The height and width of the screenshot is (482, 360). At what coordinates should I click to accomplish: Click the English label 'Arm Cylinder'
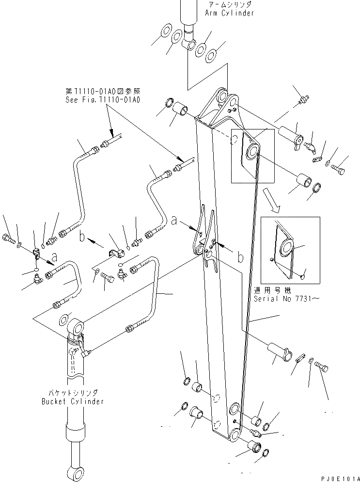(229, 13)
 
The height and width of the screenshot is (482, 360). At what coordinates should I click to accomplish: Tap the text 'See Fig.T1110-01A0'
(102, 100)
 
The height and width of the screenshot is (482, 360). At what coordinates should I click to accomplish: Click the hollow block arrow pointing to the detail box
(270, 200)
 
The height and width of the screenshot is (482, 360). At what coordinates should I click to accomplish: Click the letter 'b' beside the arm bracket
(240, 257)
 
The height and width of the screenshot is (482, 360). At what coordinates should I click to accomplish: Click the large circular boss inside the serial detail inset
(286, 249)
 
